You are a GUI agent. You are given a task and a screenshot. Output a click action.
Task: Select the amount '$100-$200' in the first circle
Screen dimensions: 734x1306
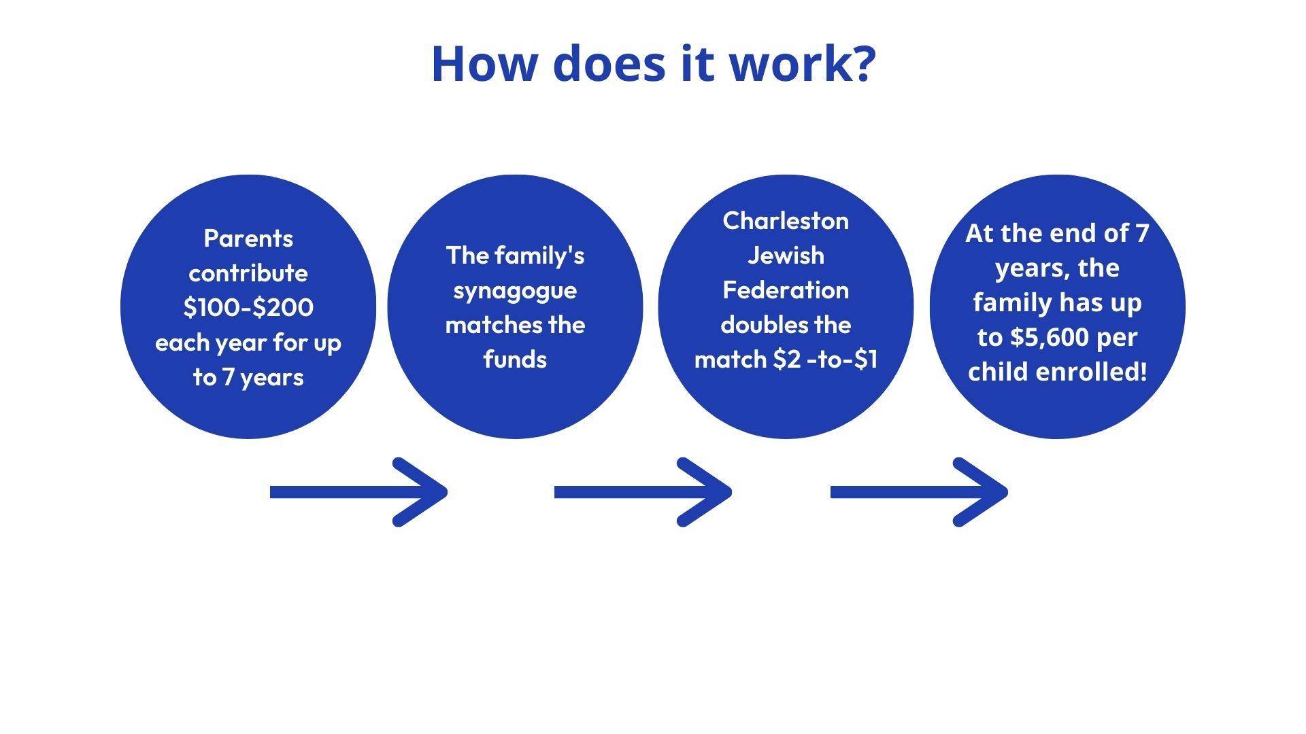(248, 308)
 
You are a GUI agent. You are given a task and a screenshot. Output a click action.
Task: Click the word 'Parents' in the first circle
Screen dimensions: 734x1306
(248, 239)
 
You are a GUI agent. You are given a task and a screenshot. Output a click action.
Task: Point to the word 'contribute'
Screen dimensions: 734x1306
(248, 273)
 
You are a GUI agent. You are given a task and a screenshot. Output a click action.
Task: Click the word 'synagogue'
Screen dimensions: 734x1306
(515, 291)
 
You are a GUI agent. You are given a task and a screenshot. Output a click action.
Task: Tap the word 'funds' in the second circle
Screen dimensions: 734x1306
(515, 360)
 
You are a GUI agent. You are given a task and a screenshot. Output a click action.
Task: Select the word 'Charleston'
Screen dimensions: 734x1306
(786, 221)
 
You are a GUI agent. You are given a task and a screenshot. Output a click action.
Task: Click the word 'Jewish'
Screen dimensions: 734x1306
(786, 256)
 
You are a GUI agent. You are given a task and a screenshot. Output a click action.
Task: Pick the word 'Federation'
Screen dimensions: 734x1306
(786, 290)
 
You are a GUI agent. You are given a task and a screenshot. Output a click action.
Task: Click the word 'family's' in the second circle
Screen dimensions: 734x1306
(539, 256)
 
